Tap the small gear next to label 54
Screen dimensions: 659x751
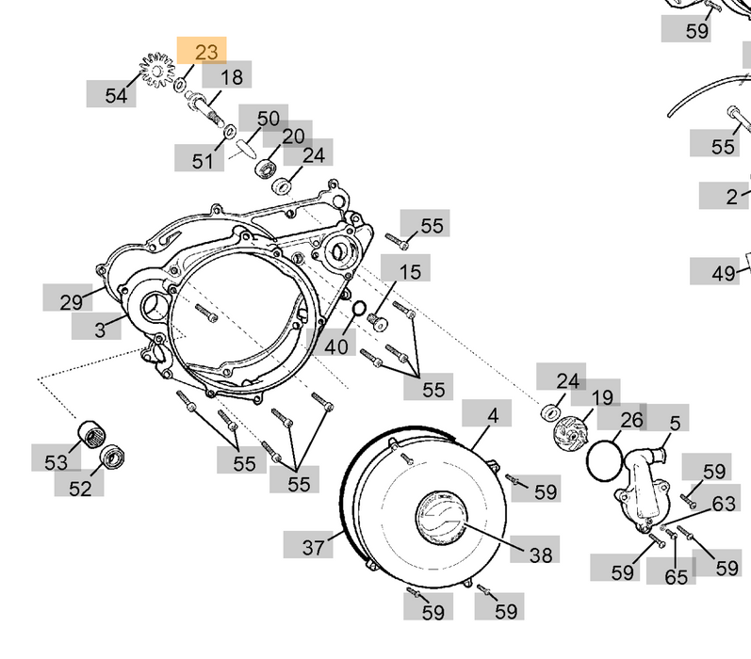157,69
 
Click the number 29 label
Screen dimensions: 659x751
69,301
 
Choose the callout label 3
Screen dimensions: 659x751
98,327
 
